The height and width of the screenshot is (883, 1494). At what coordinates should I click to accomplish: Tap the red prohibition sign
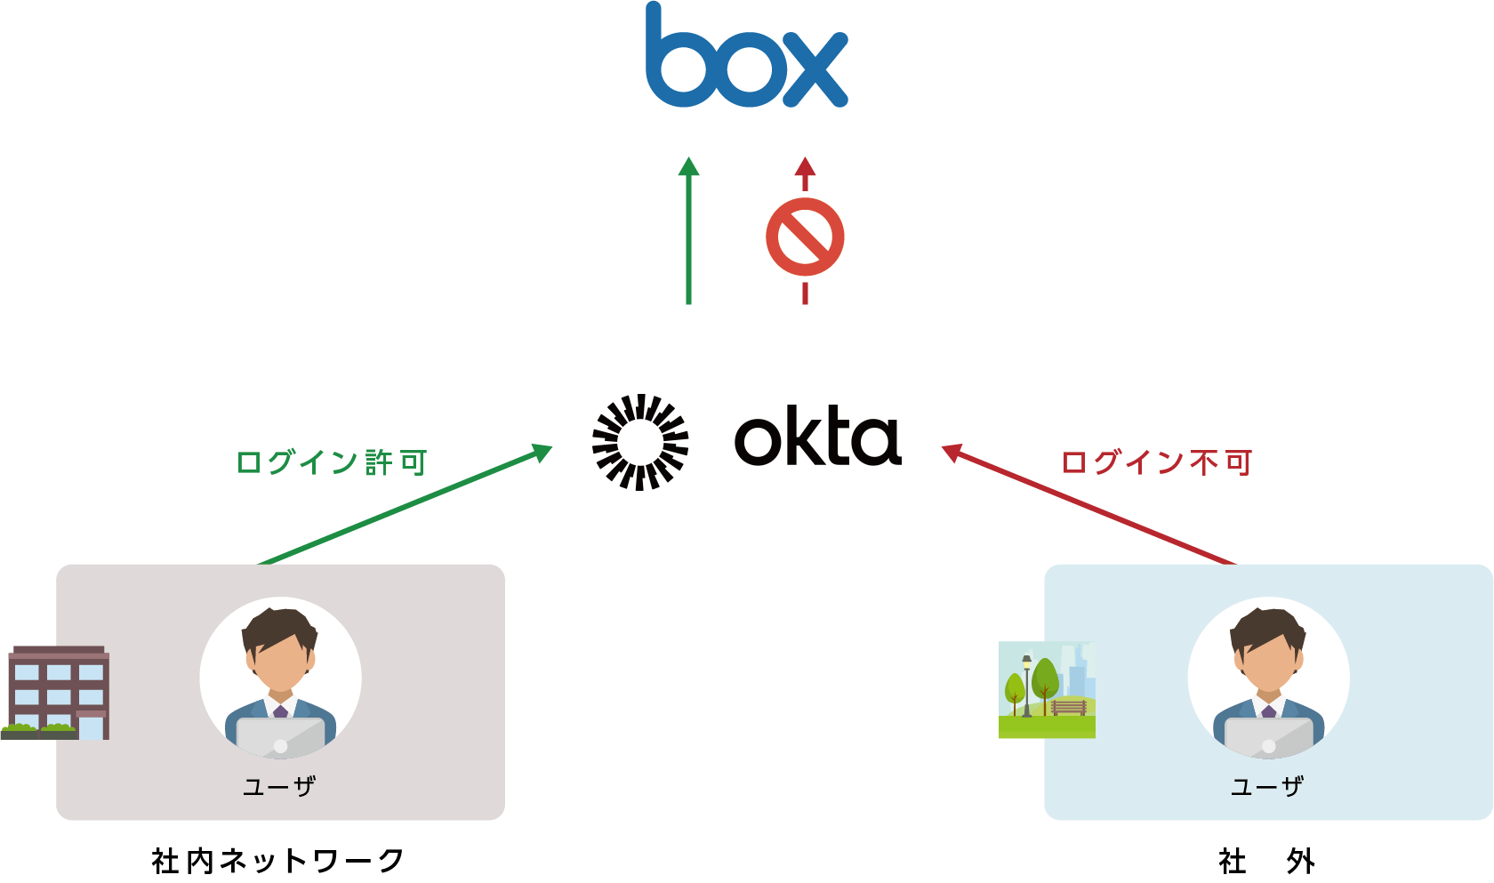click(805, 237)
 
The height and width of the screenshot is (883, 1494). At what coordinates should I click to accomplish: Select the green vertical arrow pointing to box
click(688, 231)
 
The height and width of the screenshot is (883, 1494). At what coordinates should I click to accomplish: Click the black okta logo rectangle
click(746, 442)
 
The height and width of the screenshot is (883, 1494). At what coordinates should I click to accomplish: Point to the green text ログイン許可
click(332, 462)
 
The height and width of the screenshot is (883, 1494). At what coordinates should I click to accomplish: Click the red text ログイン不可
click(1157, 462)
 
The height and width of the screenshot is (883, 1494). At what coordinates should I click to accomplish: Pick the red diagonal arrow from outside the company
click(1088, 505)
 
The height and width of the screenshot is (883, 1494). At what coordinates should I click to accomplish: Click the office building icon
click(57, 693)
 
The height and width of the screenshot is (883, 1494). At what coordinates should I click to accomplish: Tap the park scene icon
click(1047, 690)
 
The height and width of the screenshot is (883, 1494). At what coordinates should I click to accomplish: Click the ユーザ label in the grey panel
click(279, 786)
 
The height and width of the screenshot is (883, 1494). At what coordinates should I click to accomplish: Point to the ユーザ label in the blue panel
click(1267, 786)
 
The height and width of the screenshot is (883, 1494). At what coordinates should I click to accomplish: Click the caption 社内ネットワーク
click(277, 860)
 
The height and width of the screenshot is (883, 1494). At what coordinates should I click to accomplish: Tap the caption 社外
click(1266, 860)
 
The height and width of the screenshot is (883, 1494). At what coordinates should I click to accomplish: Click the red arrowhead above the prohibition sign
click(805, 168)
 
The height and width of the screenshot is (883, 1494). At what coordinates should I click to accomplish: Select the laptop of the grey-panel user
click(280, 737)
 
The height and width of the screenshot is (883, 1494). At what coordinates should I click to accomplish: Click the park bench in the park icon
click(1069, 708)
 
